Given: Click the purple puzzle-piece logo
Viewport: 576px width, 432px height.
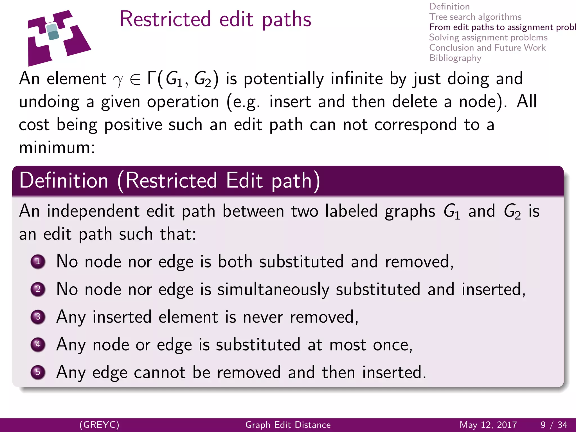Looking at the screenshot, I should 58,38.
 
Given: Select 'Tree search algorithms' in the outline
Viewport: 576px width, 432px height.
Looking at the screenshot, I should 475,17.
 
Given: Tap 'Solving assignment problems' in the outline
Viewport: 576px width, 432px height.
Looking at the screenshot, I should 488,37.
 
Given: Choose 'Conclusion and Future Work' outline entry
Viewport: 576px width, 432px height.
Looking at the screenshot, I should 487,48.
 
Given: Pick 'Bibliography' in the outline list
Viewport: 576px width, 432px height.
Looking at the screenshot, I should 455,58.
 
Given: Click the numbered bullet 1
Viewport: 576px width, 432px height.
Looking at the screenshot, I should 38,262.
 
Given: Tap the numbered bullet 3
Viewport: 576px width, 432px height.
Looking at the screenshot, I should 38,317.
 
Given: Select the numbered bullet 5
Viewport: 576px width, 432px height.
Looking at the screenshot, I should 38,372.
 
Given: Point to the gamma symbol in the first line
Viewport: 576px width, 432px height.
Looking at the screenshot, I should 118,80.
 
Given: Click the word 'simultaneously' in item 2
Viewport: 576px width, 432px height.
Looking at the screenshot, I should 273,290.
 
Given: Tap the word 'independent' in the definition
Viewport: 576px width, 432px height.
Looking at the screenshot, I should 93,211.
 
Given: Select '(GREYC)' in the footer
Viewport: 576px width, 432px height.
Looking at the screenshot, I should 99,425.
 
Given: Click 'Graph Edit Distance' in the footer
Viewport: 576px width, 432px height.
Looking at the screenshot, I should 288,425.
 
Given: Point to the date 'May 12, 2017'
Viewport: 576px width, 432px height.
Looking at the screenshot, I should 488,425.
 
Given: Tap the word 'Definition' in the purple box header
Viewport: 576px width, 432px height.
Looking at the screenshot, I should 64,180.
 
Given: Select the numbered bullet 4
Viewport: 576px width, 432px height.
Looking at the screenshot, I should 38,345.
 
